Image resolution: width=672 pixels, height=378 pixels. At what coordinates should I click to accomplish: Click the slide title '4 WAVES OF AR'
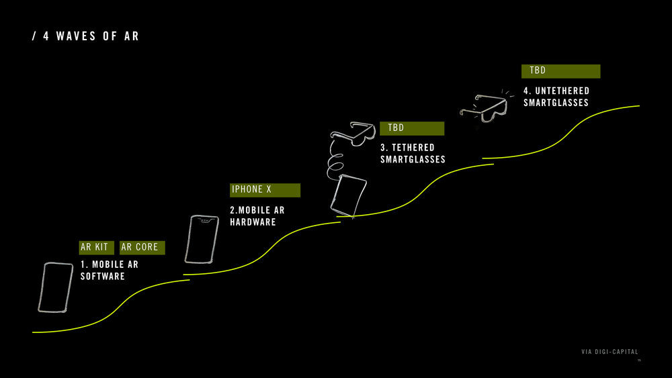coord(91,36)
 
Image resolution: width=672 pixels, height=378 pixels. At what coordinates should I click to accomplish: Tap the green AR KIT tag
coord(95,247)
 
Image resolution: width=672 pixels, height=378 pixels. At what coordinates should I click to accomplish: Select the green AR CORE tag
coord(142,247)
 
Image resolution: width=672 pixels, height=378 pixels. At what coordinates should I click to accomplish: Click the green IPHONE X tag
coord(265,190)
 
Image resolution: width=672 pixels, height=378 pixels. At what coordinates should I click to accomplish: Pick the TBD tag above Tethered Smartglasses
coord(411,128)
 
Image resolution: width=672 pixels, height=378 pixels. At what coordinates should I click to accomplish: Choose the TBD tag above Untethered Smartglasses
coord(560,71)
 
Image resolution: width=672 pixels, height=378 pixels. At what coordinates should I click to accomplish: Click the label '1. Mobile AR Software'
coord(110,270)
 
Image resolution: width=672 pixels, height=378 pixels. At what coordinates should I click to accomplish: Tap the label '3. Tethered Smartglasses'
coord(413,153)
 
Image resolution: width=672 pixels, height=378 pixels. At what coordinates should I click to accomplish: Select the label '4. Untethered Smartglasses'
coord(556,97)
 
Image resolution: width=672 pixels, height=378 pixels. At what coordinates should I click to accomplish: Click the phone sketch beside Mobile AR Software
coord(55,287)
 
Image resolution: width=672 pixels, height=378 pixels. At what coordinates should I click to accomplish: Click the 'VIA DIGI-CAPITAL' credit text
coord(610,352)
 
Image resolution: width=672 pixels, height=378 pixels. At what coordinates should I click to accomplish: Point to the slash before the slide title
coord(34,36)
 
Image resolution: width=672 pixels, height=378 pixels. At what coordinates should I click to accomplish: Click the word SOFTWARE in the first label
coord(103,276)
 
